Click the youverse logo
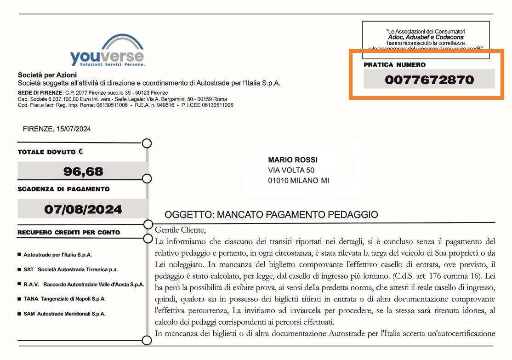[107, 51]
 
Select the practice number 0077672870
[429, 80]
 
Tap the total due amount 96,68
[83, 171]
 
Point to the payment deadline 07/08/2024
[83, 210]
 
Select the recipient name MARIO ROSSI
[293, 160]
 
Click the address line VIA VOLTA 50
[291, 170]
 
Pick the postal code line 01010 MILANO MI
[298, 181]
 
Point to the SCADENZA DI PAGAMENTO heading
[63, 189]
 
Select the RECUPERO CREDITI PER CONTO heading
[68, 233]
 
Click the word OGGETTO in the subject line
[188, 215]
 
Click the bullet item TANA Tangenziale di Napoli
[64, 299]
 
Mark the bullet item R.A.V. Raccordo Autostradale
[83, 285]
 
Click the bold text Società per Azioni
[47, 75]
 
